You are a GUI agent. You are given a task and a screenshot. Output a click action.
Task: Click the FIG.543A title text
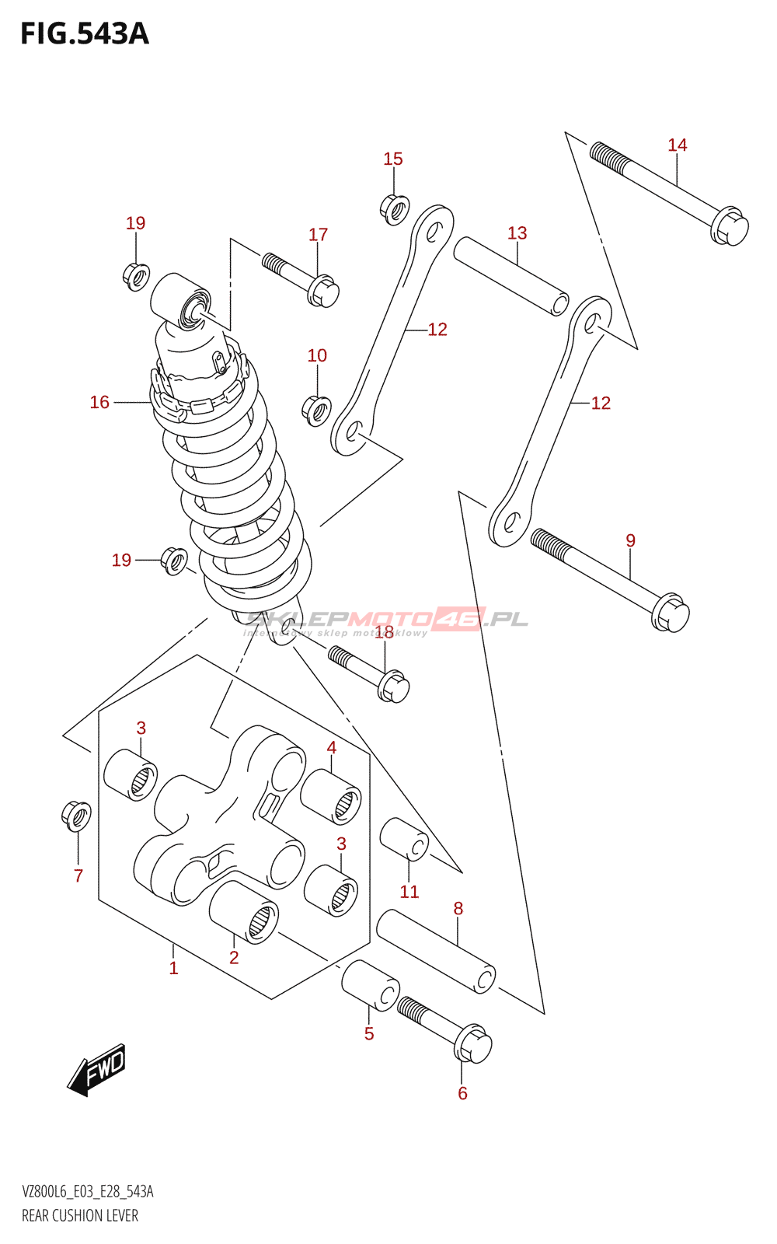click(84, 34)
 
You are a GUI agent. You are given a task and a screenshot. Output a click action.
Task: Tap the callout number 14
click(677, 145)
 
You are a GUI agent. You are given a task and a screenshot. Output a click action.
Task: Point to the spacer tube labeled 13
click(511, 276)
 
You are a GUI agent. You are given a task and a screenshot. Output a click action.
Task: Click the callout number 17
click(318, 235)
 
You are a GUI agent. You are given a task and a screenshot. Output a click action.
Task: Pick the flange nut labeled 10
click(316, 410)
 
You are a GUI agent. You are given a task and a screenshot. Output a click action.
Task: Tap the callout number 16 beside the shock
click(99, 402)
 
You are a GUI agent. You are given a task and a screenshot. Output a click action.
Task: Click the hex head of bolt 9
click(670, 613)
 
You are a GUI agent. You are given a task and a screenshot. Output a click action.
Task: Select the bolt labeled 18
click(369, 673)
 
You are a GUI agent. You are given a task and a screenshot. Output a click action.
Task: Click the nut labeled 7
click(76, 816)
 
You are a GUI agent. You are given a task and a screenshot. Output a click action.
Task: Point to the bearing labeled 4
click(331, 796)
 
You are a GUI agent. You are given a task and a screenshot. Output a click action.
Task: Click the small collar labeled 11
click(404, 840)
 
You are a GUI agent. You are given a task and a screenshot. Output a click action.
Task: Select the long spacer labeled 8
click(436, 952)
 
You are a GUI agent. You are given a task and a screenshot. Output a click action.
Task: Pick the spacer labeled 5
click(370, 985)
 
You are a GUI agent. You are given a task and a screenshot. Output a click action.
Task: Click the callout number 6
click(462, 1093)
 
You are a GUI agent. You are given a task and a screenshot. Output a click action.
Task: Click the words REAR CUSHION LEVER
click(80, 1215)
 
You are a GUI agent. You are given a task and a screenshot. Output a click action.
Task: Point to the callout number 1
click(174, 968)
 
